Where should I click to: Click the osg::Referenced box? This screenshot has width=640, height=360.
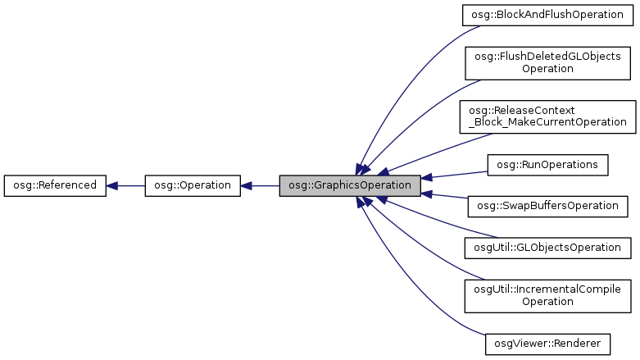(x=55, y=185)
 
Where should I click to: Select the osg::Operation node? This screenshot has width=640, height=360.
(x=193, y=185)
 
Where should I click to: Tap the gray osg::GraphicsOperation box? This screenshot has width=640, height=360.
(x=350, y=185)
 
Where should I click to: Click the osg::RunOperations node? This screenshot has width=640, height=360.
(x=547, y=164)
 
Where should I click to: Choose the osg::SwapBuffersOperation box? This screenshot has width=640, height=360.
(x=547, y=206)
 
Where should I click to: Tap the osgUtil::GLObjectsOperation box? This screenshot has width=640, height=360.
(x=547, y=247)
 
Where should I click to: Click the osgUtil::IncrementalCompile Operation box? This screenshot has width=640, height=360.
(x=547, y=295)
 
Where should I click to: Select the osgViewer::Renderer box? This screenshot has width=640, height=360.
(x=547, y=342)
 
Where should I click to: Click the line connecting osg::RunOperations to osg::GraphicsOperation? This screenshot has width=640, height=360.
(x=459, y=175)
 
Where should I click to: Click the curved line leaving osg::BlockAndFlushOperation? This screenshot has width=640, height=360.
(x=402, y=74)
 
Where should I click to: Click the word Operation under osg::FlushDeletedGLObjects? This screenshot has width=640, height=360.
(x=547, y=69)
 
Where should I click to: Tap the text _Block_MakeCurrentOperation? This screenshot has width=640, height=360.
(x=547, y=123)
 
